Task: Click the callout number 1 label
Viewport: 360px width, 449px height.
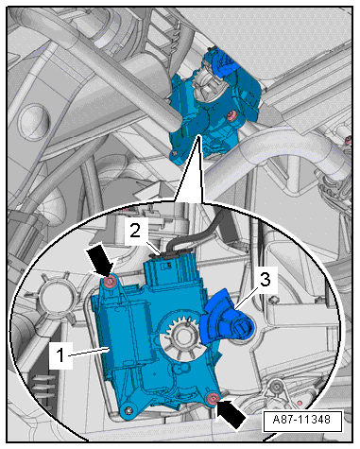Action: pyautogui.click(x=60, y=355)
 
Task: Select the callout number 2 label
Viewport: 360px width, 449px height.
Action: pyautogui.click(x=135, y=232)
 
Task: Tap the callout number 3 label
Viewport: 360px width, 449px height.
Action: pyautogui.click(x=266, y=280)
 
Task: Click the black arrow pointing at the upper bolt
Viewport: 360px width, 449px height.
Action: pyautogui.click(x=101, y=261)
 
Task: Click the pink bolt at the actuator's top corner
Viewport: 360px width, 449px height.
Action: pyautogui.click(x=111, y=282)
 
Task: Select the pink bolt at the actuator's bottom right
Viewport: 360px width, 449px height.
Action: pyautogui.click(x=213, y=400)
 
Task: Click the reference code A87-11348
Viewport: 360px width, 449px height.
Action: pyautogui.click(x=302, y=420)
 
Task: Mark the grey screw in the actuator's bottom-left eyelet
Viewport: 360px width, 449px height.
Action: pyautogui.click(x=129, y=410)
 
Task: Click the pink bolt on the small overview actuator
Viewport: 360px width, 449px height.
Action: pyautogui.click(x=232, y=116)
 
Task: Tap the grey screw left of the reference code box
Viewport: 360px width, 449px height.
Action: pyautogui.click(x=277, y=386)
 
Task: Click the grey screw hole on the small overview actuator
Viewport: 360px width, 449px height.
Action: pyautogui.click(x=175, y=153)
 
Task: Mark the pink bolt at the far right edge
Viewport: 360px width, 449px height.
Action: pyautogui.click(x=348, y=140)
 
